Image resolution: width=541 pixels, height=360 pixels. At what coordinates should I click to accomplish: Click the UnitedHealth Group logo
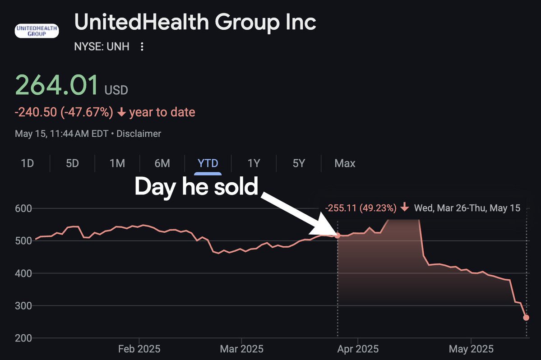37,30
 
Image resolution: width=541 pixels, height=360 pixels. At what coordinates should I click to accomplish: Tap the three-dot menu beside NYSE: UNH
142,47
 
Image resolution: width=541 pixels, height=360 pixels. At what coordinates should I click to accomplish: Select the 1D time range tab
28,163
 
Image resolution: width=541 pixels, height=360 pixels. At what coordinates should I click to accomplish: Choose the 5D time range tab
72,163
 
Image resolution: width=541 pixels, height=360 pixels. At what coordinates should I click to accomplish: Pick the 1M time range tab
117,163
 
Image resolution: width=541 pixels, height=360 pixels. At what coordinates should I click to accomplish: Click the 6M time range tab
162,163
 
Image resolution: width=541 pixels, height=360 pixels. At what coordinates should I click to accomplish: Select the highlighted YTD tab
208,163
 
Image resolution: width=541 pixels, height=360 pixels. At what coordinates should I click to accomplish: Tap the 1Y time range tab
254,163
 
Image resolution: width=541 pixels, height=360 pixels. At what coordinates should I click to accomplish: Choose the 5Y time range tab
299,163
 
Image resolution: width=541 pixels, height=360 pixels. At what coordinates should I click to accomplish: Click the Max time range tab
345,163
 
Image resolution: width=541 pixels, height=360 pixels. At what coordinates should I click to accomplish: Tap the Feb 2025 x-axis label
139,349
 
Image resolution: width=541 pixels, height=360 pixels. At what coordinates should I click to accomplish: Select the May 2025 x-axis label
471,349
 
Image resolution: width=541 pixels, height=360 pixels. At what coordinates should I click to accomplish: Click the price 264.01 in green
57,85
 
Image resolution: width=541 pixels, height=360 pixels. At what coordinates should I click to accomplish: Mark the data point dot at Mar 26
338,235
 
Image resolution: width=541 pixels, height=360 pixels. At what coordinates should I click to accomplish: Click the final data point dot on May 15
526,318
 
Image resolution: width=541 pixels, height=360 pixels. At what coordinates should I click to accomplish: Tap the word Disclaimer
139,134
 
